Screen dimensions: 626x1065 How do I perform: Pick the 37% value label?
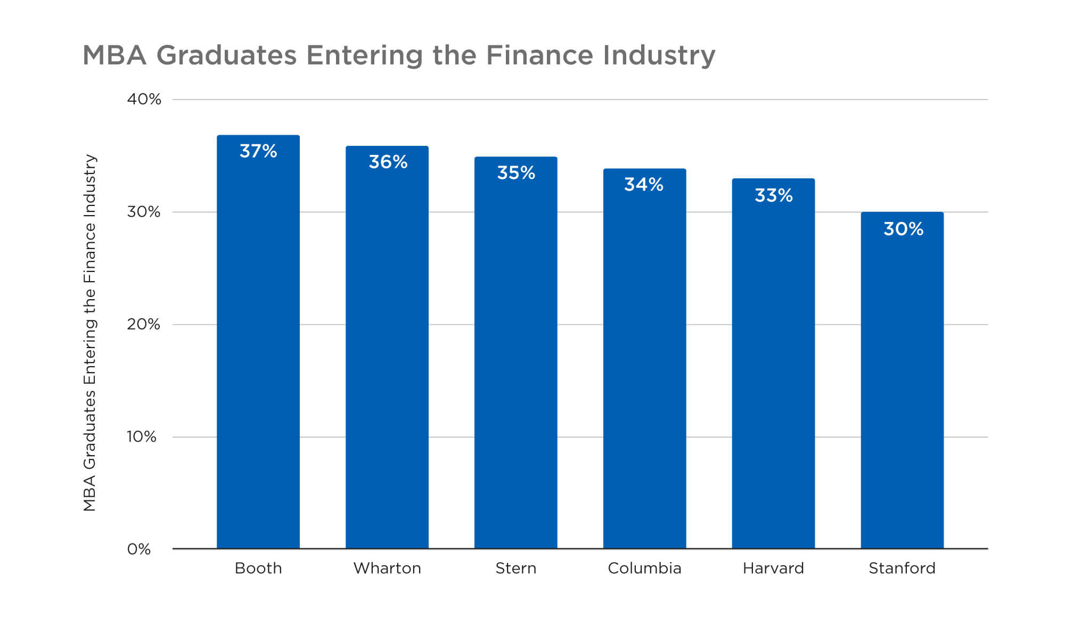258,151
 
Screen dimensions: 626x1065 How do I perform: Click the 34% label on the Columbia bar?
644,185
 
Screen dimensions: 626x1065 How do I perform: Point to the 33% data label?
774,195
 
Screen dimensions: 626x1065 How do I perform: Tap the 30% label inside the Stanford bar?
903,229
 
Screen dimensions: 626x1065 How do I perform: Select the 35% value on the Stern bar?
516,173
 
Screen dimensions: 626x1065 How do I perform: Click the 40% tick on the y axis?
144,99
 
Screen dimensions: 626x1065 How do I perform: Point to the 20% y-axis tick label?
143,324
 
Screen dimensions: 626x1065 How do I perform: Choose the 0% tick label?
138,549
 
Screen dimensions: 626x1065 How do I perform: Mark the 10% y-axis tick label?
142,437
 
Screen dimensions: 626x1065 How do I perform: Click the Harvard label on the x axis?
773,569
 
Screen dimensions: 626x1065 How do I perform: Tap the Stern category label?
516,569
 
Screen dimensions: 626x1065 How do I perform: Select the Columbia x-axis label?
644,569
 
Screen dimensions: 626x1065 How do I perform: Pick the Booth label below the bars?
258,569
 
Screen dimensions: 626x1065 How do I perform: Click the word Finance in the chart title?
539,55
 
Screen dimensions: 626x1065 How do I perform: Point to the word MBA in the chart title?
114,55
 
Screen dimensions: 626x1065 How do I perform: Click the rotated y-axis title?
89,333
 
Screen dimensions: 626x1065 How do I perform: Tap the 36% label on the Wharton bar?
388,162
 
